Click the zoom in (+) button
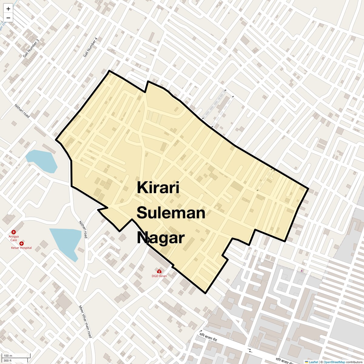(x=8, y=9)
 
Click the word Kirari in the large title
(x=158, y=187)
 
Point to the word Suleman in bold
(x=171, y=213)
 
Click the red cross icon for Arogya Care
(x=14, y=232)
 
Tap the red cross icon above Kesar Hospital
(x=22, y=243)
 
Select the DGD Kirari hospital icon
(x=159, y=271)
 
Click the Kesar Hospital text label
(x=21, y=248)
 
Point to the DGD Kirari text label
(x=159, y=276)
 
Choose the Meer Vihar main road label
(x=85, y=322)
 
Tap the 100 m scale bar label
(x=8, y=356)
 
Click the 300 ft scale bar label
(x=7, y=361)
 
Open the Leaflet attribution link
(x=313, y=362)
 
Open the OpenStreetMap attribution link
(x=334, y=362)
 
